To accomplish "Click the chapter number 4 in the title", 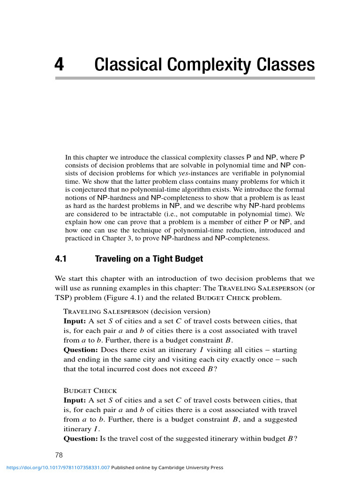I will pos(59,64).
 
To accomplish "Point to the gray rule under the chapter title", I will pos(185,78).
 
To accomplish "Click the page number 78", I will pos(59,455).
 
